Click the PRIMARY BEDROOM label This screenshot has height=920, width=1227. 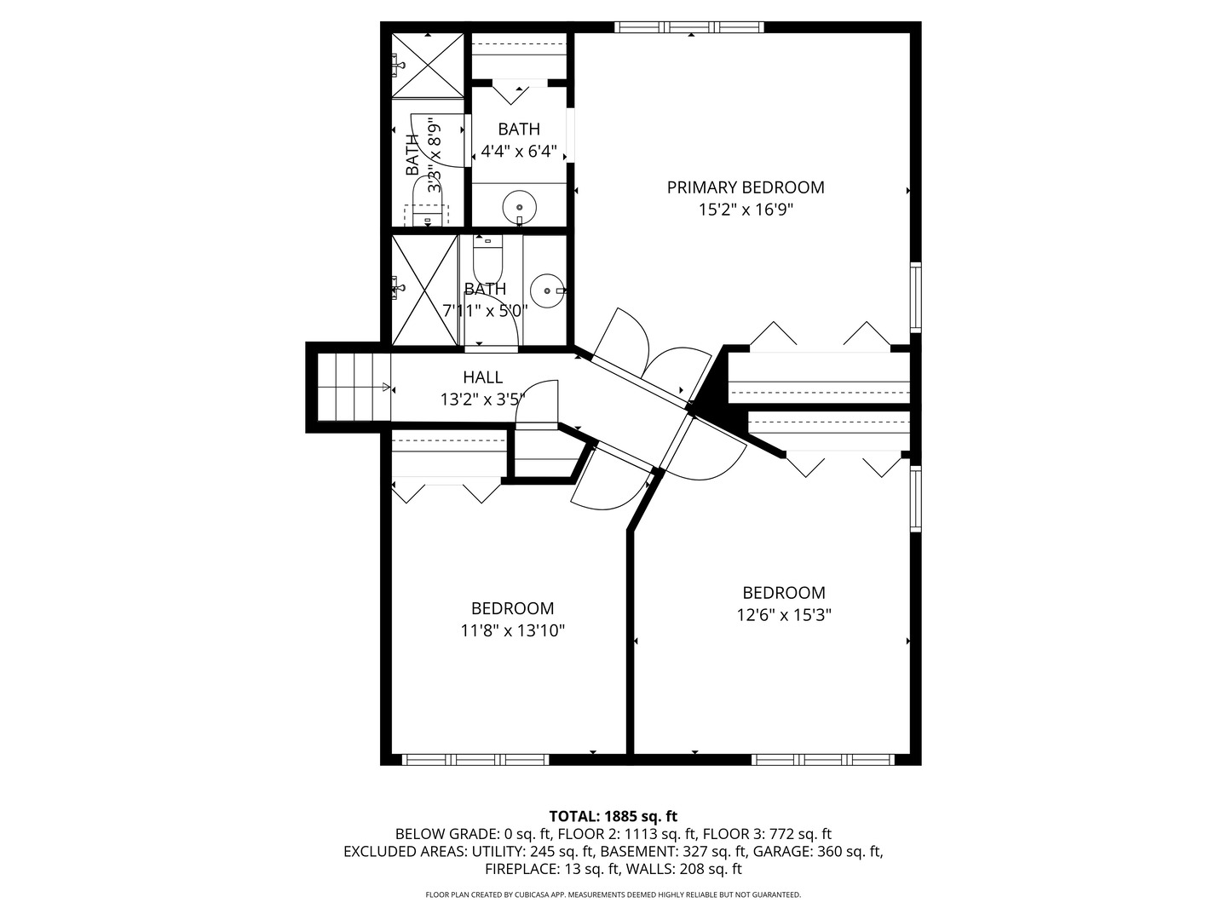(746, 187)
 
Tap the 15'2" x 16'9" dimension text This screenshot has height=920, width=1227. (746, 210)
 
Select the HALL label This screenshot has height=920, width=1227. (483, 377)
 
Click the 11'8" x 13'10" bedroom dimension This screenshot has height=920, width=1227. (513, 631)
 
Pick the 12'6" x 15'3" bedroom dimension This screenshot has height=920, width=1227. (784, 615)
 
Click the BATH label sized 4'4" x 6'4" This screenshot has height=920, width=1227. (519, 129)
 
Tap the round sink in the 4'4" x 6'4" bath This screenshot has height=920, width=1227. (519, 206)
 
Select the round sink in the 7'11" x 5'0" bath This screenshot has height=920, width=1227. (546, 290)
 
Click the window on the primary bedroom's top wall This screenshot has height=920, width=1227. (689, 27)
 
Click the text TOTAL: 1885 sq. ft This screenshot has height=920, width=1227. (613, 816)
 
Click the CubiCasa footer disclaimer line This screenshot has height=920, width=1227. (613, 895)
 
